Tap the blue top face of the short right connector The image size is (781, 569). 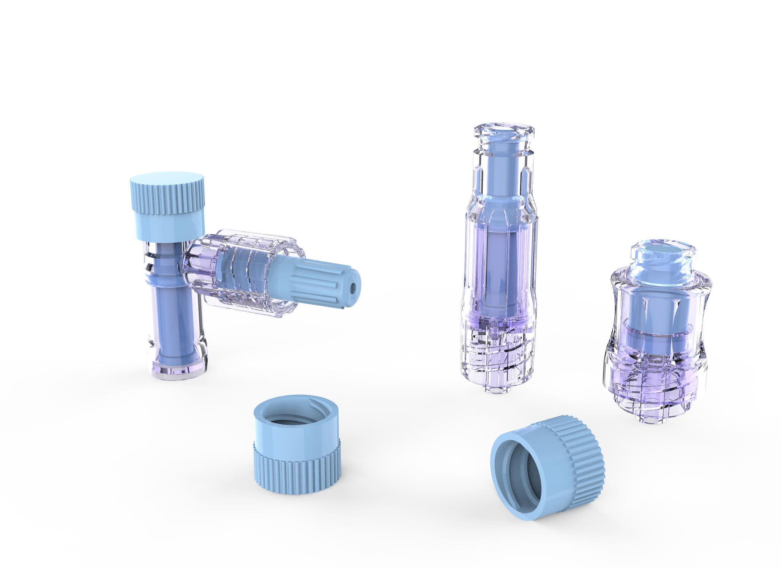pyautogui.click(x=663, y=252)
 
